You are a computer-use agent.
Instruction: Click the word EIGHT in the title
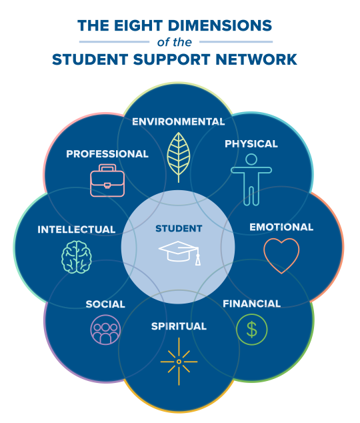tap(139, 25)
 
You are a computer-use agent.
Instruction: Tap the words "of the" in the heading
tap(175, 42)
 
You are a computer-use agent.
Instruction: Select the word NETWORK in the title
tap(256, 59)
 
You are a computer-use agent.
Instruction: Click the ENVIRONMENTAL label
tap(179, 121)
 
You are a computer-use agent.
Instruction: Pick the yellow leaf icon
tap(179, 157)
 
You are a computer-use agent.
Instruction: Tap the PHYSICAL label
tap(251, 144)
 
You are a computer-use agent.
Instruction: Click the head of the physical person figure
tap(251, 159)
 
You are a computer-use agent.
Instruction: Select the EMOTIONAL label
tap(281, 227)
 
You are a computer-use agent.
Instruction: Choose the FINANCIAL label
tap(252, 304)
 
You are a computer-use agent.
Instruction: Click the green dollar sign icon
tap(252, 329)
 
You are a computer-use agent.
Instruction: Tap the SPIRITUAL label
tap(179, 326)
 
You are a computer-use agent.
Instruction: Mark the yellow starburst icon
tap(179, 362)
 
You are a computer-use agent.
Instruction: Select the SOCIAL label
tap(105, 304)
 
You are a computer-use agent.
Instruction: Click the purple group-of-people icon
tap(105, 330)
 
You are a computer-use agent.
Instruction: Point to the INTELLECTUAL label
tap(77, 230)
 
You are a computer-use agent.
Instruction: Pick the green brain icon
tap(77, 257)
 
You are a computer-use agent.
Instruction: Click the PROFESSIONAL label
tap(107, 154)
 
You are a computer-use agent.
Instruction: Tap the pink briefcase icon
tap(107, 180)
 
